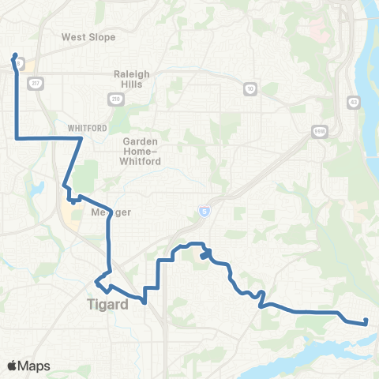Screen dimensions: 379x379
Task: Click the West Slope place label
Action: [x=88, y=37]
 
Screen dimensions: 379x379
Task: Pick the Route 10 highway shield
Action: [x=249, y=87]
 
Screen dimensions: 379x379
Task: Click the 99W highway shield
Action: [x=318, y=133]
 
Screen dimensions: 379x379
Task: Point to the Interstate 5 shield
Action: [x=204, y=211]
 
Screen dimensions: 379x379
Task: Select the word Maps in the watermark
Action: [x=35, y=366]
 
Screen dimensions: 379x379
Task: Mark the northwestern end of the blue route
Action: [x=15, y=55]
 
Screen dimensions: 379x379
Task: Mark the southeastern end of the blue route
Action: [x=366, y=321]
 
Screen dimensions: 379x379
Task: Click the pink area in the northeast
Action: [x=317, y=31]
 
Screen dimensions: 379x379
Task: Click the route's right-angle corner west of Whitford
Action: [x=18, y=138]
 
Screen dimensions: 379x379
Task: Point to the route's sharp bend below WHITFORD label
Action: [x=81, y=139]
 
